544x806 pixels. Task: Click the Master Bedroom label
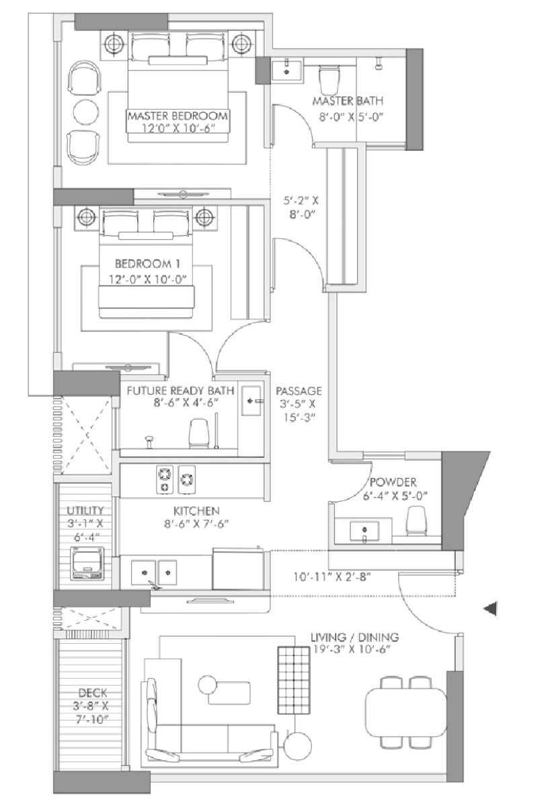[178, 116]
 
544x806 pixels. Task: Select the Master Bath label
[348, 101]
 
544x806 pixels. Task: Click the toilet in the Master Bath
[329, 79]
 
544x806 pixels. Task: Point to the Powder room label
[393, 482]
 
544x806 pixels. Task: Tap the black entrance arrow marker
[491, 609]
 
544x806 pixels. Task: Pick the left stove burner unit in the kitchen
[164, 478]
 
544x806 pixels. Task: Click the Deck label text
[91, 692]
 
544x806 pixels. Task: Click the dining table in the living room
[405, 712]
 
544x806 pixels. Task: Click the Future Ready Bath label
[178, 391]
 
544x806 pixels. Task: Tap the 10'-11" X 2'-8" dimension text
[332, 576]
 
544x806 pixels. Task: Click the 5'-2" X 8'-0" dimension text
[299, 207]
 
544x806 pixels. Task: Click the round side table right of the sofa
[297, 745]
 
